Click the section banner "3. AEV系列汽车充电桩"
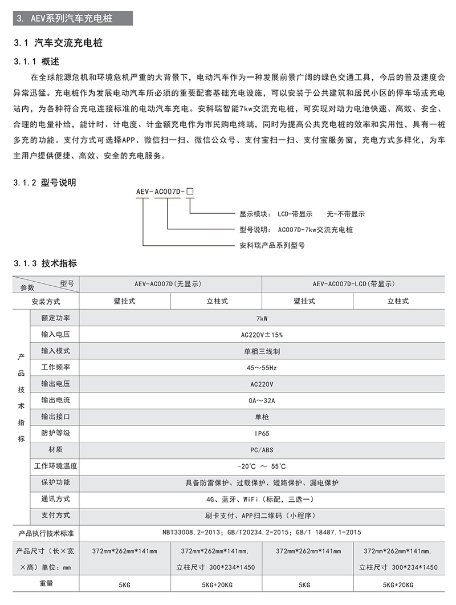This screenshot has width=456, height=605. click(x=66, y=18)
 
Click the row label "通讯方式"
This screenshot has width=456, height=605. click(x=55, y=499)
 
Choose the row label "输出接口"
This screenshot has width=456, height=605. click(x=55, y=417)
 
